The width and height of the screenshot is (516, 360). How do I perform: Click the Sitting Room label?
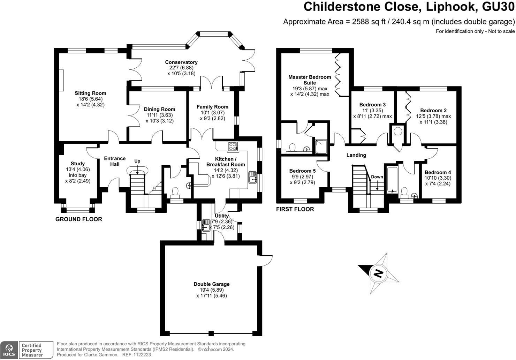point(90,93)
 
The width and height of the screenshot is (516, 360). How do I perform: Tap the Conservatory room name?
point(181,62)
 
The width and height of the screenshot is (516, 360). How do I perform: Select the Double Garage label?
point(212,284)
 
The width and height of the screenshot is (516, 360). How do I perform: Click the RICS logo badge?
point(9,350)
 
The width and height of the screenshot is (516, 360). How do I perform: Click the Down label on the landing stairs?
point(377,177)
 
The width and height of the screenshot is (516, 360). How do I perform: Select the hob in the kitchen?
point(233,147)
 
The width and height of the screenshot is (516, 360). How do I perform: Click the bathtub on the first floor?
point(392,180)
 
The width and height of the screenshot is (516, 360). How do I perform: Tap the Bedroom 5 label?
point(302,171)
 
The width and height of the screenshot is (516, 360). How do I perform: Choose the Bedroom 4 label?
point(438,172)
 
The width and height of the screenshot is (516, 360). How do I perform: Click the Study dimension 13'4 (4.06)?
point(78,170)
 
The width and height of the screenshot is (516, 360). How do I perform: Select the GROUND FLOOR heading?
point(79,219)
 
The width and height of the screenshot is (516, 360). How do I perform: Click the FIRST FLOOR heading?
point(295,209)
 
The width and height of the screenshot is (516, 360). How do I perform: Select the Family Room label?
point(212,107)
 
